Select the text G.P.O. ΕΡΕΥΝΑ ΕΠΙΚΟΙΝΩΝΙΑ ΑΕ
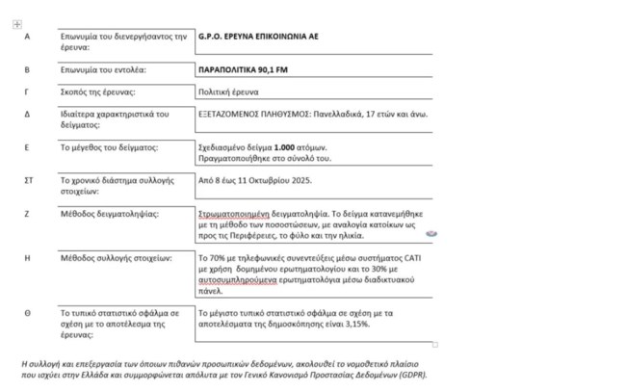(x=257, y=36)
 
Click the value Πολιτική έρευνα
(x=228, y=91)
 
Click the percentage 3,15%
(x=352, y=325)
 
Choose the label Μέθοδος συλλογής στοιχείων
(x=115, y=258)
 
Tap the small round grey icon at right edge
(x=431, y=233)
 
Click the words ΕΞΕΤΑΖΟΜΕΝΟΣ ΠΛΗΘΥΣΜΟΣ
(x=254, y=114)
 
